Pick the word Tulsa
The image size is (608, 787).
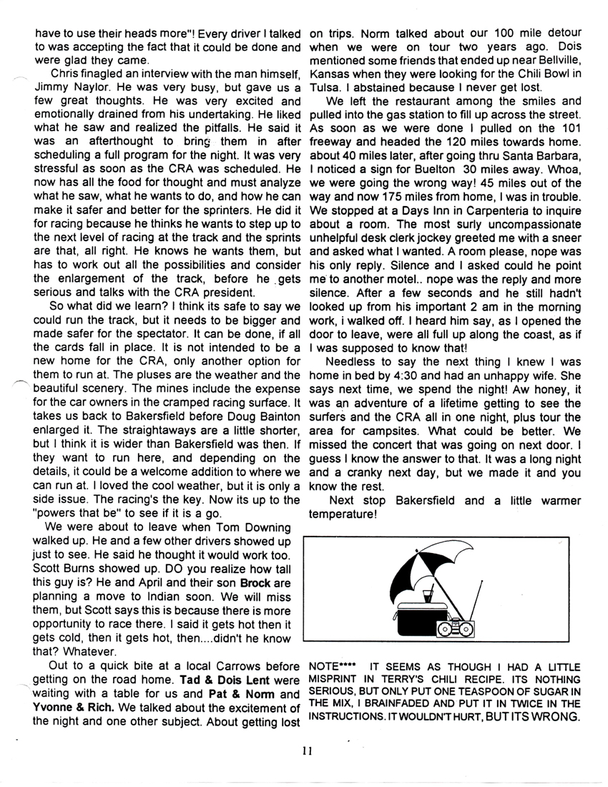click(x=323, y=88)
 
